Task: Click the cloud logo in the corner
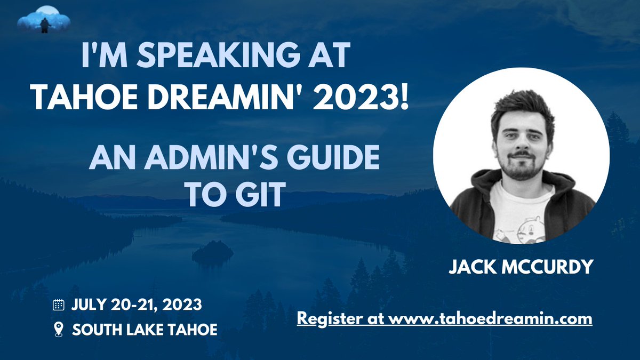click(x=44, y=19)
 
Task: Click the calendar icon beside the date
click(x=58, y=306)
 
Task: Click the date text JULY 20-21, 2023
click(x=137, y=306)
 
